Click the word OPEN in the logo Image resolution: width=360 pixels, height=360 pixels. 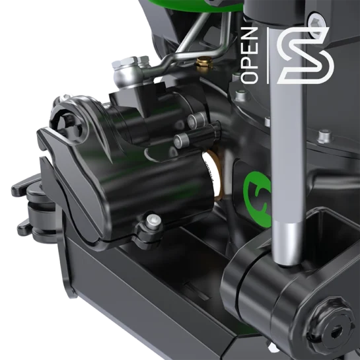[x=249, y=55]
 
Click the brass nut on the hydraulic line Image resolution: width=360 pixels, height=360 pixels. [x=204, y=63]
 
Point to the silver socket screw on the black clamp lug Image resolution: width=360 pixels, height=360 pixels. [x=153, y=221]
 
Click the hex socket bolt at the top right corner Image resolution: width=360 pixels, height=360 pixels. [x=316, y=23]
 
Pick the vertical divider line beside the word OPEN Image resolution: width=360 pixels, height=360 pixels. [x=268, y=55]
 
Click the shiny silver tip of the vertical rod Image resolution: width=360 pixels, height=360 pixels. [x=287, y=243]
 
